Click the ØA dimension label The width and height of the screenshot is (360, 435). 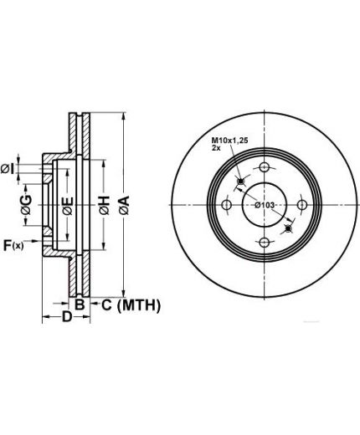[x=124, y=205]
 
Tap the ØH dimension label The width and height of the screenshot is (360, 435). [x=104, y=205]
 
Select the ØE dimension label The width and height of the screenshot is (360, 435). [x=68, y=206]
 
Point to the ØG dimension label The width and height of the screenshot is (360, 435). [x=26, y=205]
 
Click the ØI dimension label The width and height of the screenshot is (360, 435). [x=8, y=169]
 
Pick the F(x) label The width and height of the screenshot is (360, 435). [x=13, y=246]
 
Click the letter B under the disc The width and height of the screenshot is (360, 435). [x=80, y=304]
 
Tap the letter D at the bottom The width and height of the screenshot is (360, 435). [x=67, y=316]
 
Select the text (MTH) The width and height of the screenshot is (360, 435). [x=139, y=305]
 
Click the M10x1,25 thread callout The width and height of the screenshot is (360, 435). [x=229, y=141]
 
